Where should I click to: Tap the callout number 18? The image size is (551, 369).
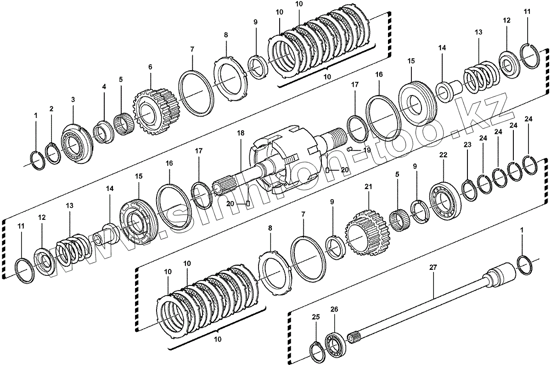point(241,133)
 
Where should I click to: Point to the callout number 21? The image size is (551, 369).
point(368,187)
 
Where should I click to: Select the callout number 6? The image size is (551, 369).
point(150,67)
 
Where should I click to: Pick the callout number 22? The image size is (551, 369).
point(443,156)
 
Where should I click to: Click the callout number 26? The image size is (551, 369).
point(334,310)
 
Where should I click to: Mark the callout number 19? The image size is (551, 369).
point(366,150)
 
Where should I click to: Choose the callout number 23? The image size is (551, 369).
point(467,145)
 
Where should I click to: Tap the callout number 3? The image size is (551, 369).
point(73,99)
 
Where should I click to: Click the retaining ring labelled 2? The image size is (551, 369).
point(52,153)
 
